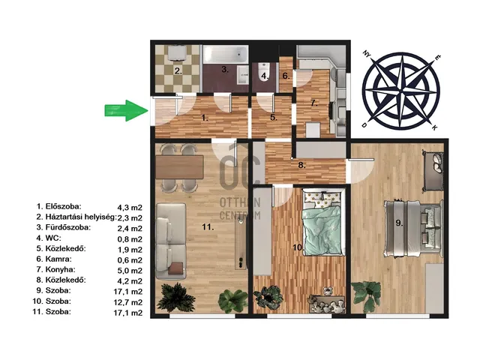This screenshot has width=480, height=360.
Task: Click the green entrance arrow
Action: tap(126, 110)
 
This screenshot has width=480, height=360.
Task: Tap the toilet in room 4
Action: tap(263, 72)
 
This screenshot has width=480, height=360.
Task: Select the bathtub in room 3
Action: tap(226, 54)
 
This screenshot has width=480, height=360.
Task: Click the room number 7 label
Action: tap(313, 103)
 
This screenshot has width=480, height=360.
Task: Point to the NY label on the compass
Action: tap(367, 54)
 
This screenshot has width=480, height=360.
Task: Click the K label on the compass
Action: tap(434, 127)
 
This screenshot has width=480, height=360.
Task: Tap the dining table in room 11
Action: tap(179, 166)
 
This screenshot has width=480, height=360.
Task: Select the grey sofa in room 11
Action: tap(171, 241)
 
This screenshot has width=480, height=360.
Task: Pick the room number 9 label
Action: tap(399, 223)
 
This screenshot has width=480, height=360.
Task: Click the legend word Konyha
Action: tap(60, 269)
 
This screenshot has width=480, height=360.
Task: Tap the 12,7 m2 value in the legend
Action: tap(128, 302)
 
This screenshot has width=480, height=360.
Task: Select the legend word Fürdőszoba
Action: tap(68, 227)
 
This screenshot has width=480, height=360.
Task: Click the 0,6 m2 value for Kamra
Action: tap(130, 260)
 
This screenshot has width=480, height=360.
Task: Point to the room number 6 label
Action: tap(286, 76)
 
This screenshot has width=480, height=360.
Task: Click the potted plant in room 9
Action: tap(367, 295)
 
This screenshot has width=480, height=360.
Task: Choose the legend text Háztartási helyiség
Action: tap(81, 217)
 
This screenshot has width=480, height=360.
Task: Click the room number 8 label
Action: tap(301, 165)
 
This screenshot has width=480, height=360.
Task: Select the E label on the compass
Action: tap(438, 57)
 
